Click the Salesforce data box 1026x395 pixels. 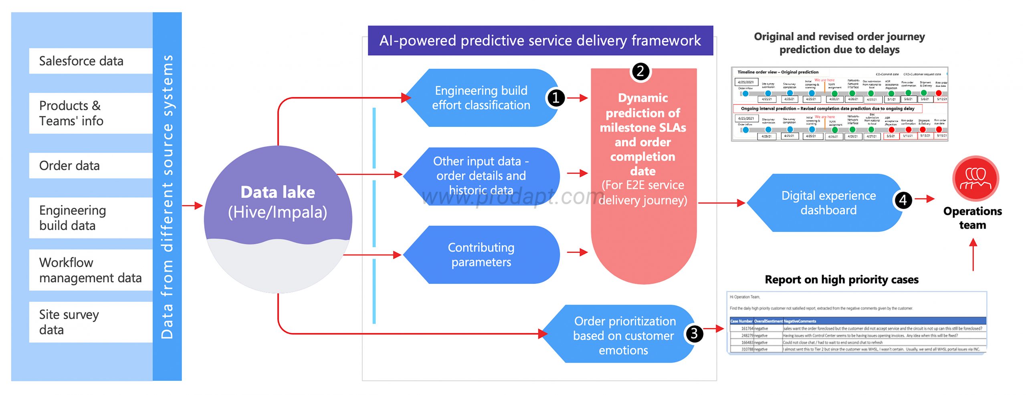pyautogui.click(x=91, y=61)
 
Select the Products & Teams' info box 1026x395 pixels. pyautogui.click(x=91, y=113)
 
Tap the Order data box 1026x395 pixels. pyautogui.click(x=91, y=166)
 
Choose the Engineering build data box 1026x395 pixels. pyautogui.click(x=91, y=218)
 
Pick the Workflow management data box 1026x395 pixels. pyautogui.click(x=91, y=270)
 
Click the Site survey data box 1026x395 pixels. pyautogui.click(x=91, y=322)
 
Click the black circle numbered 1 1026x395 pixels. pyautogui.click(x=556, y=98)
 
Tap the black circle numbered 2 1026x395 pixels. pyautogui.click(x=640, y=72)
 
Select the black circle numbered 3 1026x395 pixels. pyautogui.click(x=694, y=334)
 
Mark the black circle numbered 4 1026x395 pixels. pyautogui.click(x=903, y=200)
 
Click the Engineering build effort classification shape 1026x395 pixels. pyautogui.click(x=481, y=98)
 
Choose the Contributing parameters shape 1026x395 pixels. pyautogui.click(x=481, y=255)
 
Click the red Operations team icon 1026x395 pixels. pyautogui.click(x=976, y=178)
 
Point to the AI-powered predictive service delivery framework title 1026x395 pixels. pyautogui.click(x=540, y=41)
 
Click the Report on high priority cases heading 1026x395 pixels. pyautogui.click(x=842, y=279)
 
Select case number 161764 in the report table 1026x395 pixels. pyautogui.click(x=747, y=329)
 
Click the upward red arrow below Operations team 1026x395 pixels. pyautogui.click(x=973, y=255)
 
